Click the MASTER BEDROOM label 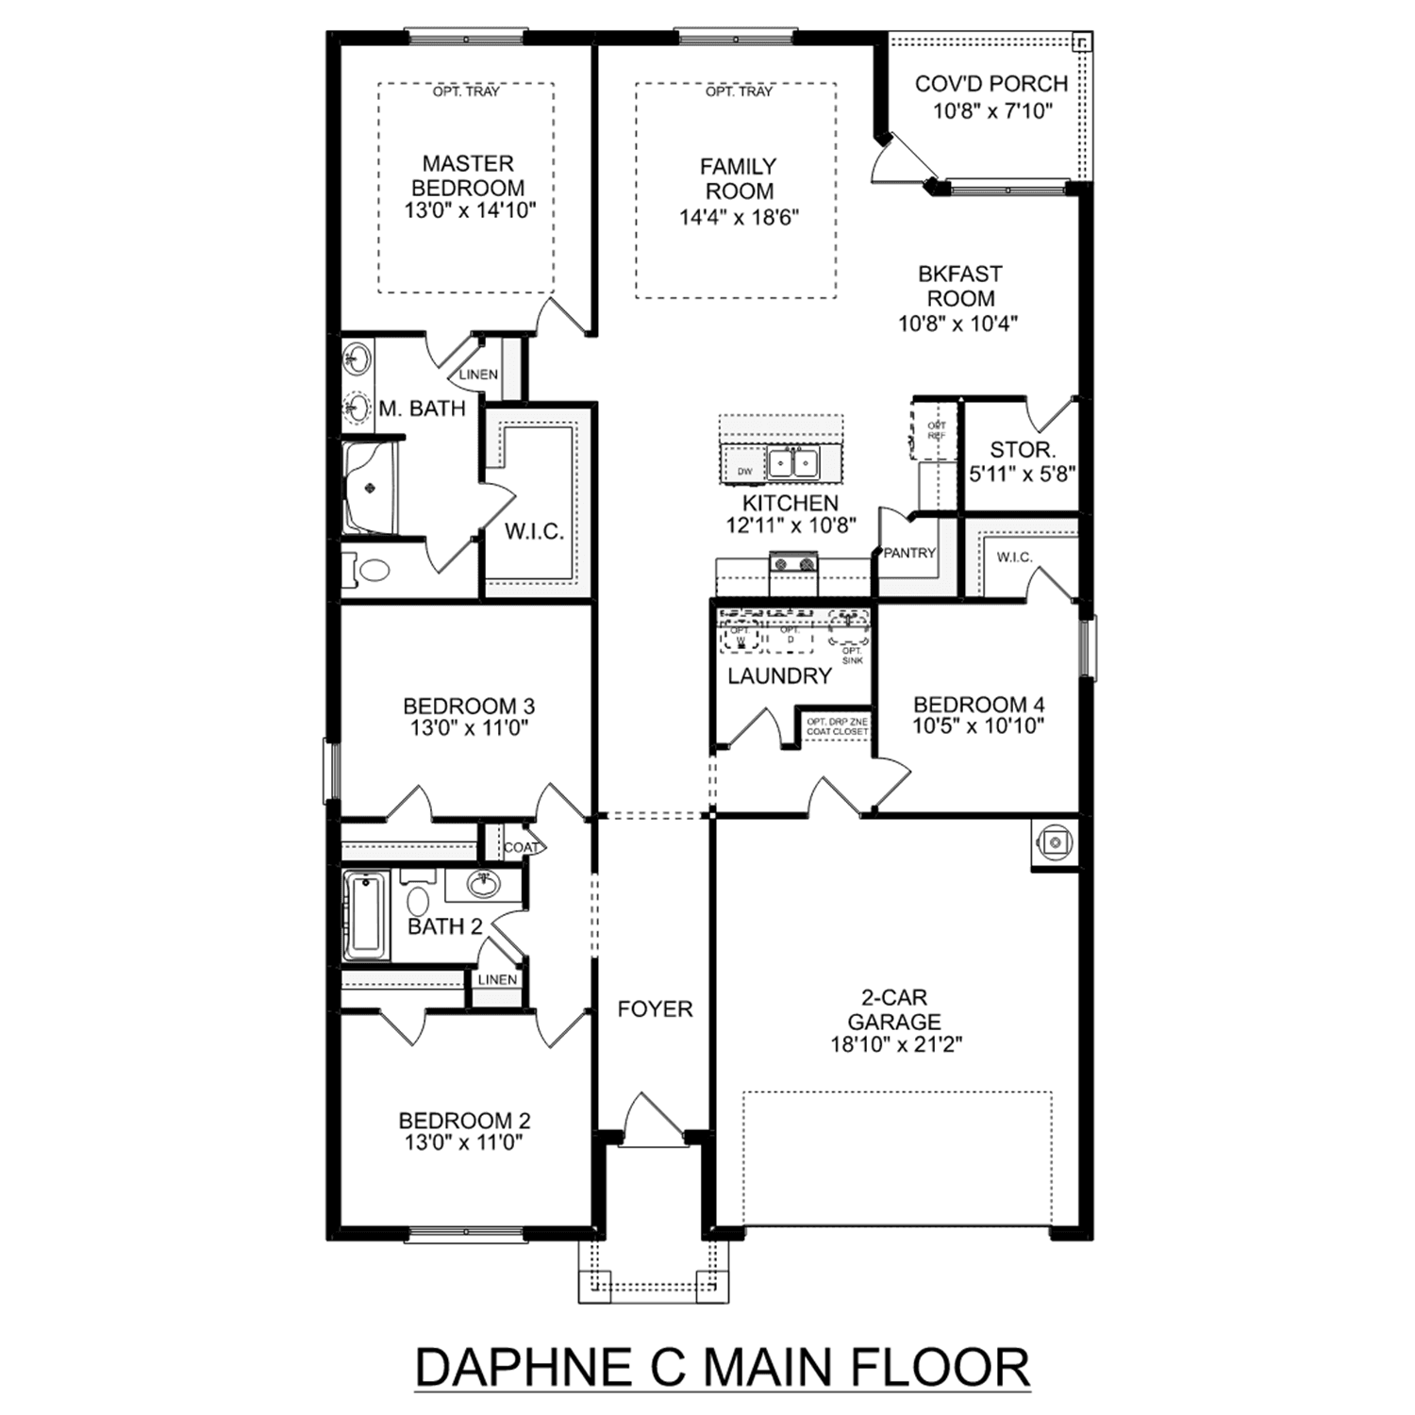tap(468, 175)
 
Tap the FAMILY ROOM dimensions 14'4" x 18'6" tap(739, 218)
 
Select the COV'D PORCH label tap(991, 84)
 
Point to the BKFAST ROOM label tap(959, 286)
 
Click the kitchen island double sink tap(792, 463)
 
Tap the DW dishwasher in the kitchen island tap(744, 471)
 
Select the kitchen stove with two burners tap(793, 565)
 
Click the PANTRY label tap(909, 553)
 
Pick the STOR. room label tap(1022, 450)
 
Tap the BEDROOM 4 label tap(978, 704)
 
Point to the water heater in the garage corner tap(1055, 842)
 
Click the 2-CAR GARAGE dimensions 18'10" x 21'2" tap(895, 1044)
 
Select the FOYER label tap(655, 1009)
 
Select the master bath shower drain tap(370, 488)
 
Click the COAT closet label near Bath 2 tap(521, 847)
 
